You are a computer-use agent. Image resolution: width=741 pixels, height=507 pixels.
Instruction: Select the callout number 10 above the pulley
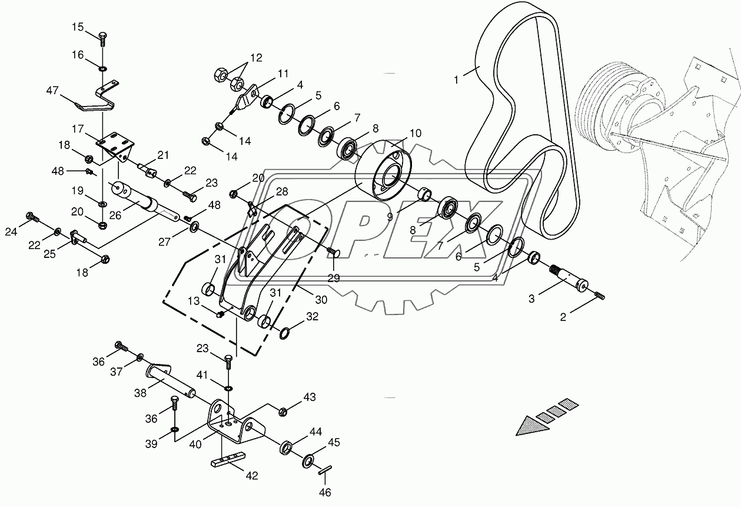pyautogui.click(x=415, y=133)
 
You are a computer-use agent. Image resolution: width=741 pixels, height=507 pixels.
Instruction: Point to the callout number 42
pyautogui.click(x=252, y=476)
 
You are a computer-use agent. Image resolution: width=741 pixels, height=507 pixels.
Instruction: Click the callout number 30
pyautogui.click(x=321, y=299)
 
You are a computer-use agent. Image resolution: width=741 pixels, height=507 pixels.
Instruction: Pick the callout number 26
pyautogui.click(x=115, y=215)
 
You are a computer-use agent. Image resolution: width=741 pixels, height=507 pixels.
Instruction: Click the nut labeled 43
pyautogui.click(x=282, y=410)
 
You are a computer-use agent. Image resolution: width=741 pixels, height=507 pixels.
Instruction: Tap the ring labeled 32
pyautogui.click(x=285, y=333)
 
